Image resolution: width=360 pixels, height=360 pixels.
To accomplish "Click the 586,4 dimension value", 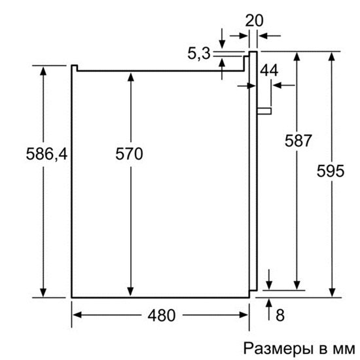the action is click(x=46, y=154).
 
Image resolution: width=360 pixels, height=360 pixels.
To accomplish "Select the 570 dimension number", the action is click(x=129, y=154).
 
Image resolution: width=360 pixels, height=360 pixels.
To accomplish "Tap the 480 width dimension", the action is click(x=162, y=315).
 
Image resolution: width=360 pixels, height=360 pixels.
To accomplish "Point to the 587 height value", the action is click(x=298, y=141).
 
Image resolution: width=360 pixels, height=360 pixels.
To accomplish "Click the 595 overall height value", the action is click(x=331, y=171).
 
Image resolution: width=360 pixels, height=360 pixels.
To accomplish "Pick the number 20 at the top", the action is click(x=254, y=21).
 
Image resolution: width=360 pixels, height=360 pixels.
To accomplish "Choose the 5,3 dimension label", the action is click(x=199, y=54).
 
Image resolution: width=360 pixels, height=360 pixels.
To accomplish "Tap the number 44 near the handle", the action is click(x=269, y=70).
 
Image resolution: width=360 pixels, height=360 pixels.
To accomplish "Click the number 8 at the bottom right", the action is click(x=280, y=315).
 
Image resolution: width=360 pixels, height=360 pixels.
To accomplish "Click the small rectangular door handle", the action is click(x=264, y=111).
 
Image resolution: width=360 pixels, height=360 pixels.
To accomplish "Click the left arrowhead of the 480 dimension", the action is click(x=77, y=315).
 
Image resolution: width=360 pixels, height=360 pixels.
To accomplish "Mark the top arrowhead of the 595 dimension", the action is click(x=331, y=56).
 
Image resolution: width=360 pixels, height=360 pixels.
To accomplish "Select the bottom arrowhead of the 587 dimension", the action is click(x=297, y=285).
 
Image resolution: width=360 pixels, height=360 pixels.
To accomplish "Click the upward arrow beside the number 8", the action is click(x=269, y=309).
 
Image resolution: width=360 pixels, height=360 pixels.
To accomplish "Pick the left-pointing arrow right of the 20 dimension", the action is click(x=269, y=36).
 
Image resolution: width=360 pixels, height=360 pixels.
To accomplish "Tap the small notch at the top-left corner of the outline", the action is click(x=74, y=68).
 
